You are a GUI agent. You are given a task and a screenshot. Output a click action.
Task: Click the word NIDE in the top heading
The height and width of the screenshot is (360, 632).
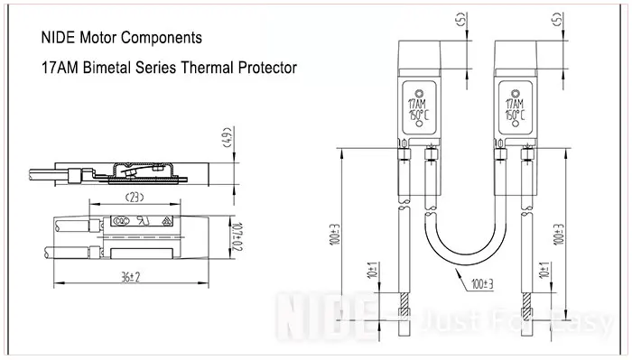pos(60,40)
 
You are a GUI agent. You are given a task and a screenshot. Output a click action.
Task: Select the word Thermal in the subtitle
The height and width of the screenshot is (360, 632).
pos(211,68)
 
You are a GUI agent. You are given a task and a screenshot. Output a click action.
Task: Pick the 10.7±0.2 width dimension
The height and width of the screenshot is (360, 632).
pos(237,235)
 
